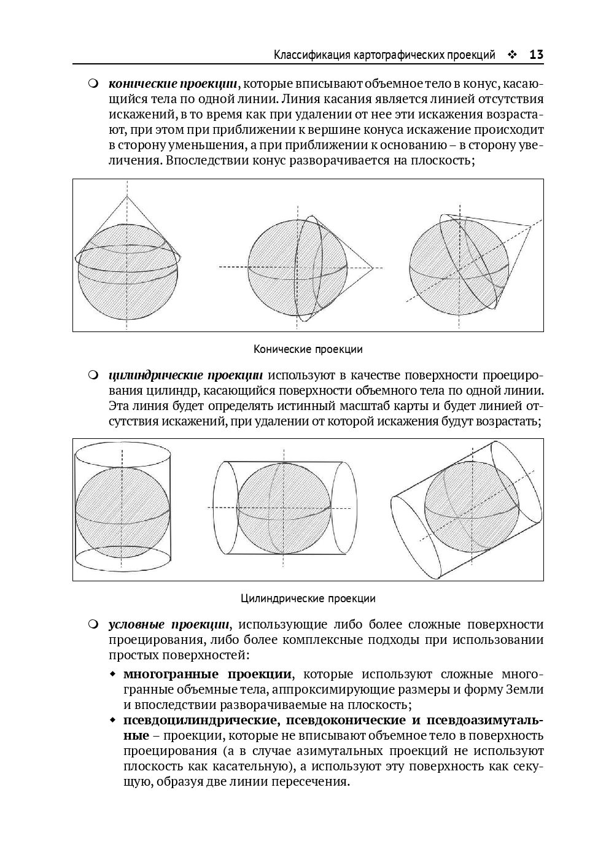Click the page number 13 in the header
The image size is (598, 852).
pos(536,55)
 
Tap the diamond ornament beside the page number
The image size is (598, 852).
pos(512,55)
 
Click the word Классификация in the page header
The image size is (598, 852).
pos(313,55)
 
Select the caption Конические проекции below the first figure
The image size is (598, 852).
pos(308,349)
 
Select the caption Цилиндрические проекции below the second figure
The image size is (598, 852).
pos(308,598)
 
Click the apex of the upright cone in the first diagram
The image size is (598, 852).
pos(127,196)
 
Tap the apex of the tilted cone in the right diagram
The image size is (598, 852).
pos(530,226)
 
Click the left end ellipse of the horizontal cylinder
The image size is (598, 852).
pos(225,507)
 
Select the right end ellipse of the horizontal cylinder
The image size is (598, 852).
pos(343,507)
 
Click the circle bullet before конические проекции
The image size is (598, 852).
pos(93,83)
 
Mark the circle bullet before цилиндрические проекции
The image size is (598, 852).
pos(93,374)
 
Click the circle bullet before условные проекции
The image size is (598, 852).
pos(93,624)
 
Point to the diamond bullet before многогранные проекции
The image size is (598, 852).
pos(112,675)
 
